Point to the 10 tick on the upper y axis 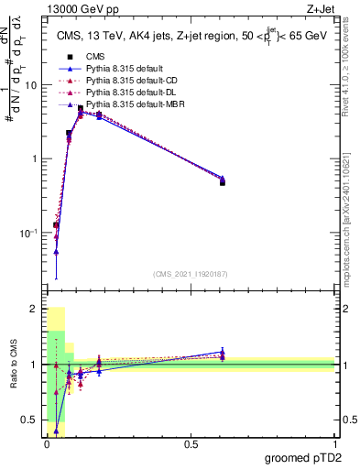pyautogui.click(x=30, y=85)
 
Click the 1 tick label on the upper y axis pyautogui.click(x=34, y=159)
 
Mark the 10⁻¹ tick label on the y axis pyautogui.click(x=28, y=234)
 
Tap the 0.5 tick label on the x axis pyautogui.click(x=191, y=444)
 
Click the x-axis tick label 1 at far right pyautogui.click(x=334, y=444)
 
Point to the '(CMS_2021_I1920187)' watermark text pyautogui.click(x=191, y=275)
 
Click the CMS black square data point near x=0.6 pyautogui.click(x=223, y=182)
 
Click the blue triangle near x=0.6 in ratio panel pyautogui.click(x=223, y=351)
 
